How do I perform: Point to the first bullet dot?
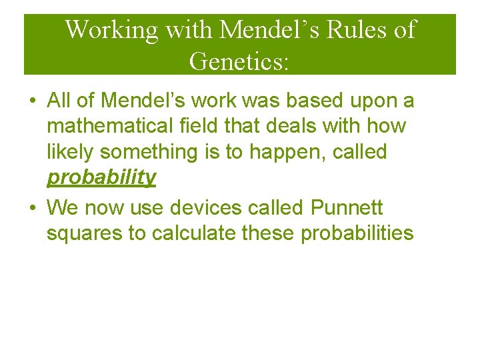(32, 101)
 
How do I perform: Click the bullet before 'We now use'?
(32, 209)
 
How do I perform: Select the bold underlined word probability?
(101, 177)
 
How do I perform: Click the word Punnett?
(347, 209)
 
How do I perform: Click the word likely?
(71, 152)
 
